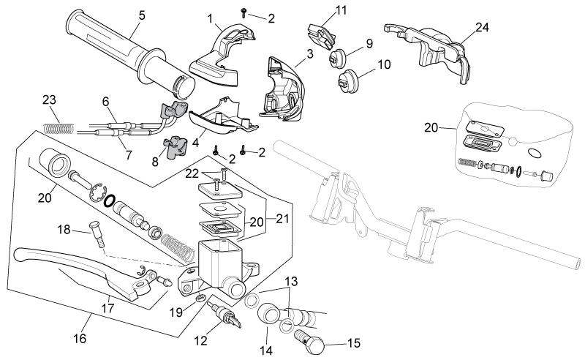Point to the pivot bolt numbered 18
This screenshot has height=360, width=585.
tap(97, 233)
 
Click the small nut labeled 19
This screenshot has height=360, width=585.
tap(200, 298)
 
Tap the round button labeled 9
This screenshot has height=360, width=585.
tap(337, 58)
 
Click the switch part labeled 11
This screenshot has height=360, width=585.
tap(321, 35)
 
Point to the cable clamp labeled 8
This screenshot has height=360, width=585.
tap(175, 147)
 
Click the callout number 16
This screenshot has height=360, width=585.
tap(80, 338)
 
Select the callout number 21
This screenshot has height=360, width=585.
tap(282, 218)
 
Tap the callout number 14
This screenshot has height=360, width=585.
tap(266, 350)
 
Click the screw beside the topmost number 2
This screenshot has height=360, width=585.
tap(244, 12)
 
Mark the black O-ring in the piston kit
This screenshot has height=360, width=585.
tap(109, 201)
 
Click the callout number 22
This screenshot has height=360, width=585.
tap(192, 173)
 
